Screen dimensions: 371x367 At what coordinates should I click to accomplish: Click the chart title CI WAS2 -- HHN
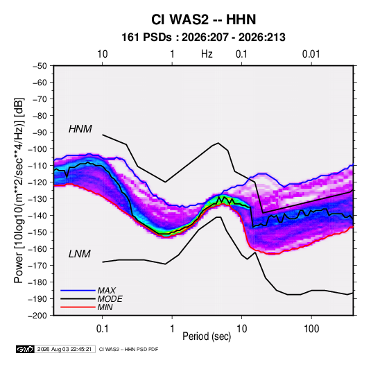pyautogui.click(x=203, y=19)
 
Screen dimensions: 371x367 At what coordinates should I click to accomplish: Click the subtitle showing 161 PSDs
pyautogui.click(x=203, y=37)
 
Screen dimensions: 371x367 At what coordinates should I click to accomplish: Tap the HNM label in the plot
pyautogui.click(x=80, y=129)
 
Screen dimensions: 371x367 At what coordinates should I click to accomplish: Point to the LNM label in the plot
pyautogui.click(x=80, y=254)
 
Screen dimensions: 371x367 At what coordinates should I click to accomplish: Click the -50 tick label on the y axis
pyautogui.click(x=40, y=66)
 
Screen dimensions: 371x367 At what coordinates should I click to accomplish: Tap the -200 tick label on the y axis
pyautogui.click(x=37, y=316)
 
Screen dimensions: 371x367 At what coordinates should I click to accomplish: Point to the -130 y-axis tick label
pyautogui.click(x=37, y=199)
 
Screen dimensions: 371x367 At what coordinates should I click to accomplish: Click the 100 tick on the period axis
pyautogui.click(x=311, y=329)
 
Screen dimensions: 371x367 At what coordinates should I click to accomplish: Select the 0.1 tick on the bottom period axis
pyautogui.click(x=102, y=329)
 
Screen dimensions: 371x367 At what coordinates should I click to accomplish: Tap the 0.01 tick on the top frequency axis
pyautogui.click(x=311, y=54)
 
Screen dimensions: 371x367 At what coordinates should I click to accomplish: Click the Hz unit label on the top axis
pyautogui.click(x=207, y=54)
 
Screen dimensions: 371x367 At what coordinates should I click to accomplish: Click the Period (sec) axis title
pyautogui.click(x=207, y=336)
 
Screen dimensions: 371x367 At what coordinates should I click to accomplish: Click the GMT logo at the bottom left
pyautogui.click(x=25, y=349)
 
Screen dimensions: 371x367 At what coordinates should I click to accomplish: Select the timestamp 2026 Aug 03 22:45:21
pyautogui.click(x=64, y=349)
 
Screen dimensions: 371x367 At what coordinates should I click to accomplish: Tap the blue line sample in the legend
pyautogui.click(x=78, y=291)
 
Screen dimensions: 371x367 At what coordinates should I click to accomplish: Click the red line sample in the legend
pyautogui.click(x=78, y=307)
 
